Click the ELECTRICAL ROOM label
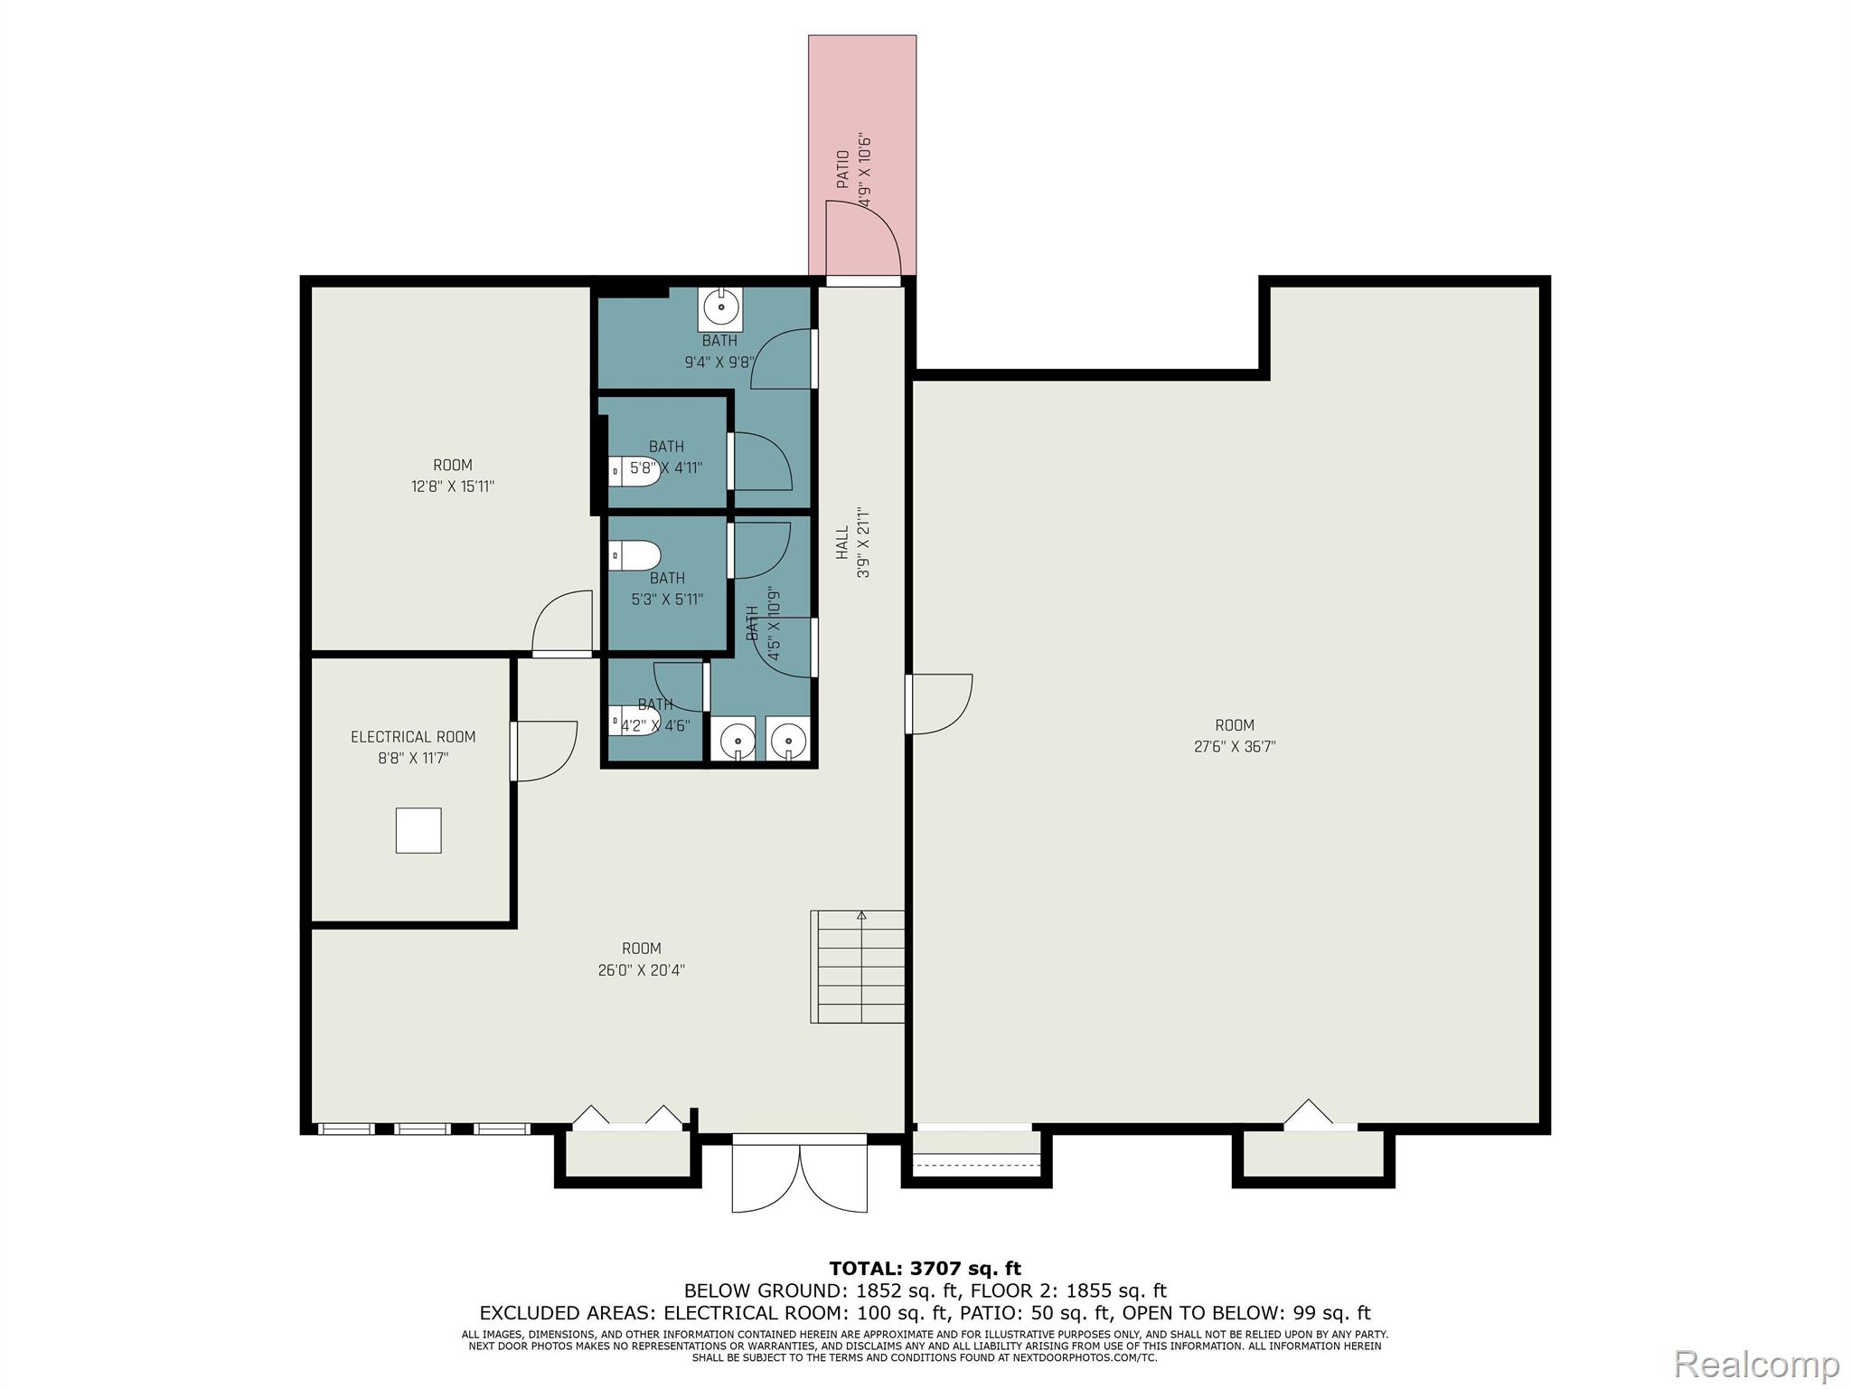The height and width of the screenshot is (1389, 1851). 413,737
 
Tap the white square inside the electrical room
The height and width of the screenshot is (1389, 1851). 418,830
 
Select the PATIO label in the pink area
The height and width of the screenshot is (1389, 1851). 842,169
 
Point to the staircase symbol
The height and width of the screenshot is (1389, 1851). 858,967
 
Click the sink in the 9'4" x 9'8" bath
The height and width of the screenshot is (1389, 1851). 721,308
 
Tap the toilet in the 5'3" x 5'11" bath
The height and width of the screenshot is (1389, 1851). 634,555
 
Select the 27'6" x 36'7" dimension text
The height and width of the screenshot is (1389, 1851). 1235,747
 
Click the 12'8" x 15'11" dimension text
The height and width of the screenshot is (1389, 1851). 453,487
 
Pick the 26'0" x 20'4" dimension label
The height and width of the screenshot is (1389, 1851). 642,970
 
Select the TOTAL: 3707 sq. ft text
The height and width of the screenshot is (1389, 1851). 925,1269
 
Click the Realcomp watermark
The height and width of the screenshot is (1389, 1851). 1756,1364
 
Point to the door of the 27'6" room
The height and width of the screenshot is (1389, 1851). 939,704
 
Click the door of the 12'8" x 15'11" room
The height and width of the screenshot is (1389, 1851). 562,623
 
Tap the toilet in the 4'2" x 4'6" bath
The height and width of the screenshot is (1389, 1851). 634,722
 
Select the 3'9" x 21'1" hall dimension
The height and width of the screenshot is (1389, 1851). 864,543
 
